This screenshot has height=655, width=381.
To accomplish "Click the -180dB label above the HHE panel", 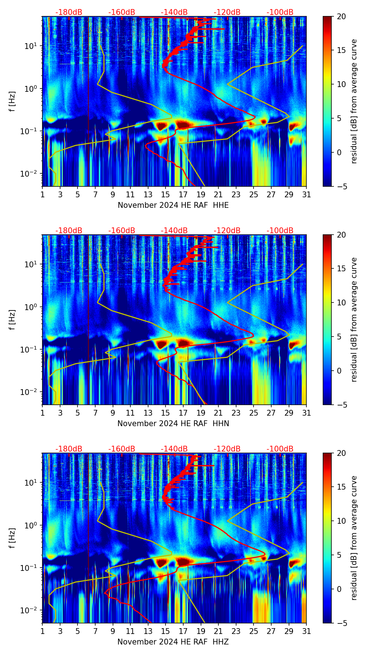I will click(x=69, y=12).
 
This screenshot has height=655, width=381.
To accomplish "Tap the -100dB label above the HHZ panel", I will click(x=280, y=449).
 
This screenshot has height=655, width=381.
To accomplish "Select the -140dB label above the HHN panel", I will click(x=174, y=231).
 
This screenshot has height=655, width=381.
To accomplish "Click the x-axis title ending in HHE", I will click(x=173, y=205).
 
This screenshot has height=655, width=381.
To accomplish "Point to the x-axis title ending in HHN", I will click(x=173, y=424).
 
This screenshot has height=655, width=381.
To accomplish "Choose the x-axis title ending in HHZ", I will click(x=173, y=642).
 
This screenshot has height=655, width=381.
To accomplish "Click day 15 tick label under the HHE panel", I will click(x=166, y=194).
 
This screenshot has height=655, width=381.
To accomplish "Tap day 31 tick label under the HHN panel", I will click(x=306, y=413).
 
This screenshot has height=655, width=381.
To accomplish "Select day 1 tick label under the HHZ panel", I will click(x=42, y=631).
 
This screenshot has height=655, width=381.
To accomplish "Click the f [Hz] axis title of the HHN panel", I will click(x=12, y=320).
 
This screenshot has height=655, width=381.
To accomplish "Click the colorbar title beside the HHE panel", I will click(x=354, y=101).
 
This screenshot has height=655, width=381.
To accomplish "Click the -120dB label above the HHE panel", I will click(x=227, y=12).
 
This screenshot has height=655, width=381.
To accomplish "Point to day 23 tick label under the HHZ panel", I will click(x=236, y=631).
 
